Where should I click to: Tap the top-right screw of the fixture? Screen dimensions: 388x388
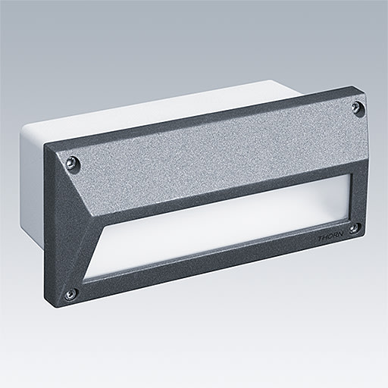355,108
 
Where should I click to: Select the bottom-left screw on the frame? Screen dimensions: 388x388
70,293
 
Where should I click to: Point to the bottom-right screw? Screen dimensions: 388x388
354,226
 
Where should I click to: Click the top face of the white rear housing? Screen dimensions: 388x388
152,106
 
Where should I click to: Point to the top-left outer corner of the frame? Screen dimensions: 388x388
45,145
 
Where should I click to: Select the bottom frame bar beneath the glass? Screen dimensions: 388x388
220,261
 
